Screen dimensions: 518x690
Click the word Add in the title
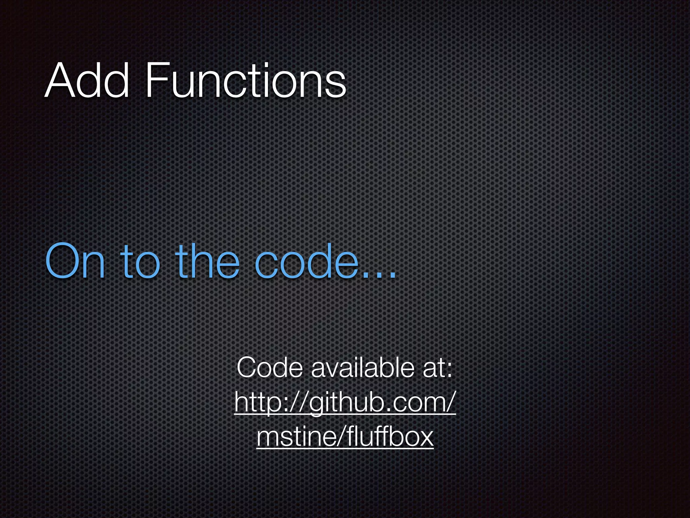[87, 81]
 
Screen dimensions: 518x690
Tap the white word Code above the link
[270, 368]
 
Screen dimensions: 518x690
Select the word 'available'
[363, 368]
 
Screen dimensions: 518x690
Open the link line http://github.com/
[345, 403]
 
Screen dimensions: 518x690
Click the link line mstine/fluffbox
[345, 437]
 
